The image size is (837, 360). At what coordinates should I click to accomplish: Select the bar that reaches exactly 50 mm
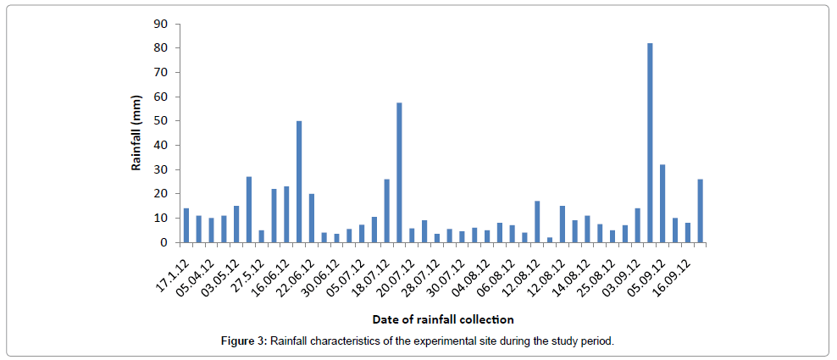point(299,181)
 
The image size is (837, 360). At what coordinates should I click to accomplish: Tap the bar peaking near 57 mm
point(399,173)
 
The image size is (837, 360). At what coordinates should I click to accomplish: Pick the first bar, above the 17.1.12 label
point(186,225)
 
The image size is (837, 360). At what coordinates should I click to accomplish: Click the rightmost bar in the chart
point(700,211)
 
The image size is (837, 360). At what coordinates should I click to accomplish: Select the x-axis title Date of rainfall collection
point(442,319)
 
